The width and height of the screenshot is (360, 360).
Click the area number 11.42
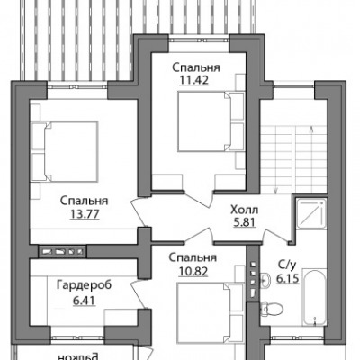point(193,80)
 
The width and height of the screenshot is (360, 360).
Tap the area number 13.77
point(85,214)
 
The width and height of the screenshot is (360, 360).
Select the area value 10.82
point(193,272)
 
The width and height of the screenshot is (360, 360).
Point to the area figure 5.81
point(244,222)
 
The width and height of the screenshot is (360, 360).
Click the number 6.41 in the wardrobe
point(85,300)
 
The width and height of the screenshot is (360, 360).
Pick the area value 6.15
point(288,279)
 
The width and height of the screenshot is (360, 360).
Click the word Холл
point(244,210)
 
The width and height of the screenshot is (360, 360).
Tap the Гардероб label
point(85,285)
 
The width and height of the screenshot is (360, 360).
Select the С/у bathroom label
point(287,265)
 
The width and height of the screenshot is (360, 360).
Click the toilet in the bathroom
point(272,308)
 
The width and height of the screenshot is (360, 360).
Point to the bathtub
point(314,297)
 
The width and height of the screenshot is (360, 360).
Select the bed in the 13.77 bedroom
point(66,151)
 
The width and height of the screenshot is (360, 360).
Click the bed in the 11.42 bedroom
point(210,121)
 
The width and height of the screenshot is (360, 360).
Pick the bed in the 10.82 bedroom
point(210,312)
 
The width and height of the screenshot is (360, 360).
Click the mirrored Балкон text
point(78,356)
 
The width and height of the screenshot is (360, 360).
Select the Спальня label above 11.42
point(196,67)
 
